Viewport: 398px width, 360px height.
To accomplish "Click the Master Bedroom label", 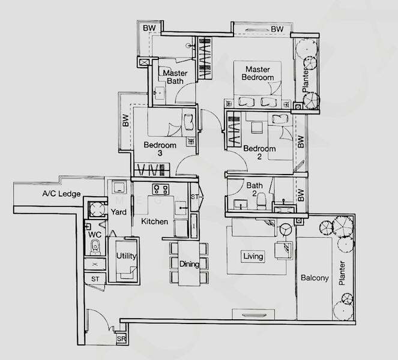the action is [x=258, y=73].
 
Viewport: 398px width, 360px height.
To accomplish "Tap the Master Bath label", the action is [x=175, y=77].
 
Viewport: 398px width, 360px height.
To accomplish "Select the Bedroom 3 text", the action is [x=160, y=149].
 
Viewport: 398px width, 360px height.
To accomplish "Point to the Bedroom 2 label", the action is [x=259, y=152].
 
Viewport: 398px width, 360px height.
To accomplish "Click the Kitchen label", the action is [x=155, y=221].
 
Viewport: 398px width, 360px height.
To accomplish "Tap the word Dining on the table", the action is [x=189, y=264].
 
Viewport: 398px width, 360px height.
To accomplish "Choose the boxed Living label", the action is [x=253, y=256].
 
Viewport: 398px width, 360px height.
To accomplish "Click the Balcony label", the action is [x=315, y=278].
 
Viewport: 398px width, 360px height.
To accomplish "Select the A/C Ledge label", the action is [x=61, y=194].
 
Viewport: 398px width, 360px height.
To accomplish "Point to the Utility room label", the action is [x=126, y=256].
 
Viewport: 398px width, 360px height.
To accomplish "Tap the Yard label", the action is [x=118, y=212].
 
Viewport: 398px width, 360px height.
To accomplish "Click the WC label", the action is [x=95, y=235].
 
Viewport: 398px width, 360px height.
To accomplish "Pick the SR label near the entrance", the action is [x=121, y=339].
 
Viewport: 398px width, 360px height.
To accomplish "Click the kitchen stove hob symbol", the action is [x=161, y=189].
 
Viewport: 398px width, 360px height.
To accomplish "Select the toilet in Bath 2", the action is [x=261, y=200].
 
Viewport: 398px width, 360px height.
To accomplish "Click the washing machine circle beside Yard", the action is [x=97, y=210].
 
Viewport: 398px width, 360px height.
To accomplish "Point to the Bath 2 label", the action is [x=255, y=189].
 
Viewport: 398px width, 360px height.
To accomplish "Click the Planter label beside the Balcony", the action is [x=342, y=273].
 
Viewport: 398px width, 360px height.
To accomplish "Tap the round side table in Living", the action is [x=286, y=229].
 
